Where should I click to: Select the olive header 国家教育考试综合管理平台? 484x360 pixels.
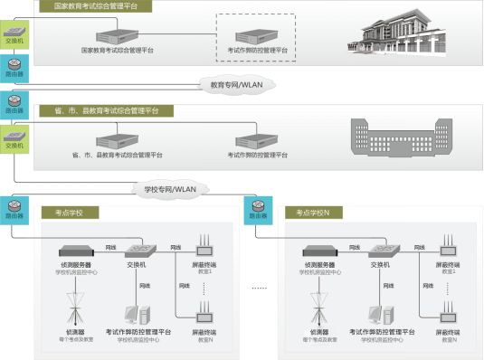click(x=95, y=6)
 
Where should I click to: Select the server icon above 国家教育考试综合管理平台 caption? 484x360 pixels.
click(x=117, y=33)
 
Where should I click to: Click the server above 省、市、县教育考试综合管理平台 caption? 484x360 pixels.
click(x=117, y=141)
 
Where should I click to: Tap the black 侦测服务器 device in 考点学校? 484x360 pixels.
click(x=78, y=251)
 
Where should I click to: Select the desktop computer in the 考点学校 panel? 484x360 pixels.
click(x=136, y=314)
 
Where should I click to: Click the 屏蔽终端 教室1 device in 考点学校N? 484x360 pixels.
click(x=449, y=246)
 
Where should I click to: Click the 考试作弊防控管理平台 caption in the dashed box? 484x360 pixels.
click(x=257, y=51)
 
